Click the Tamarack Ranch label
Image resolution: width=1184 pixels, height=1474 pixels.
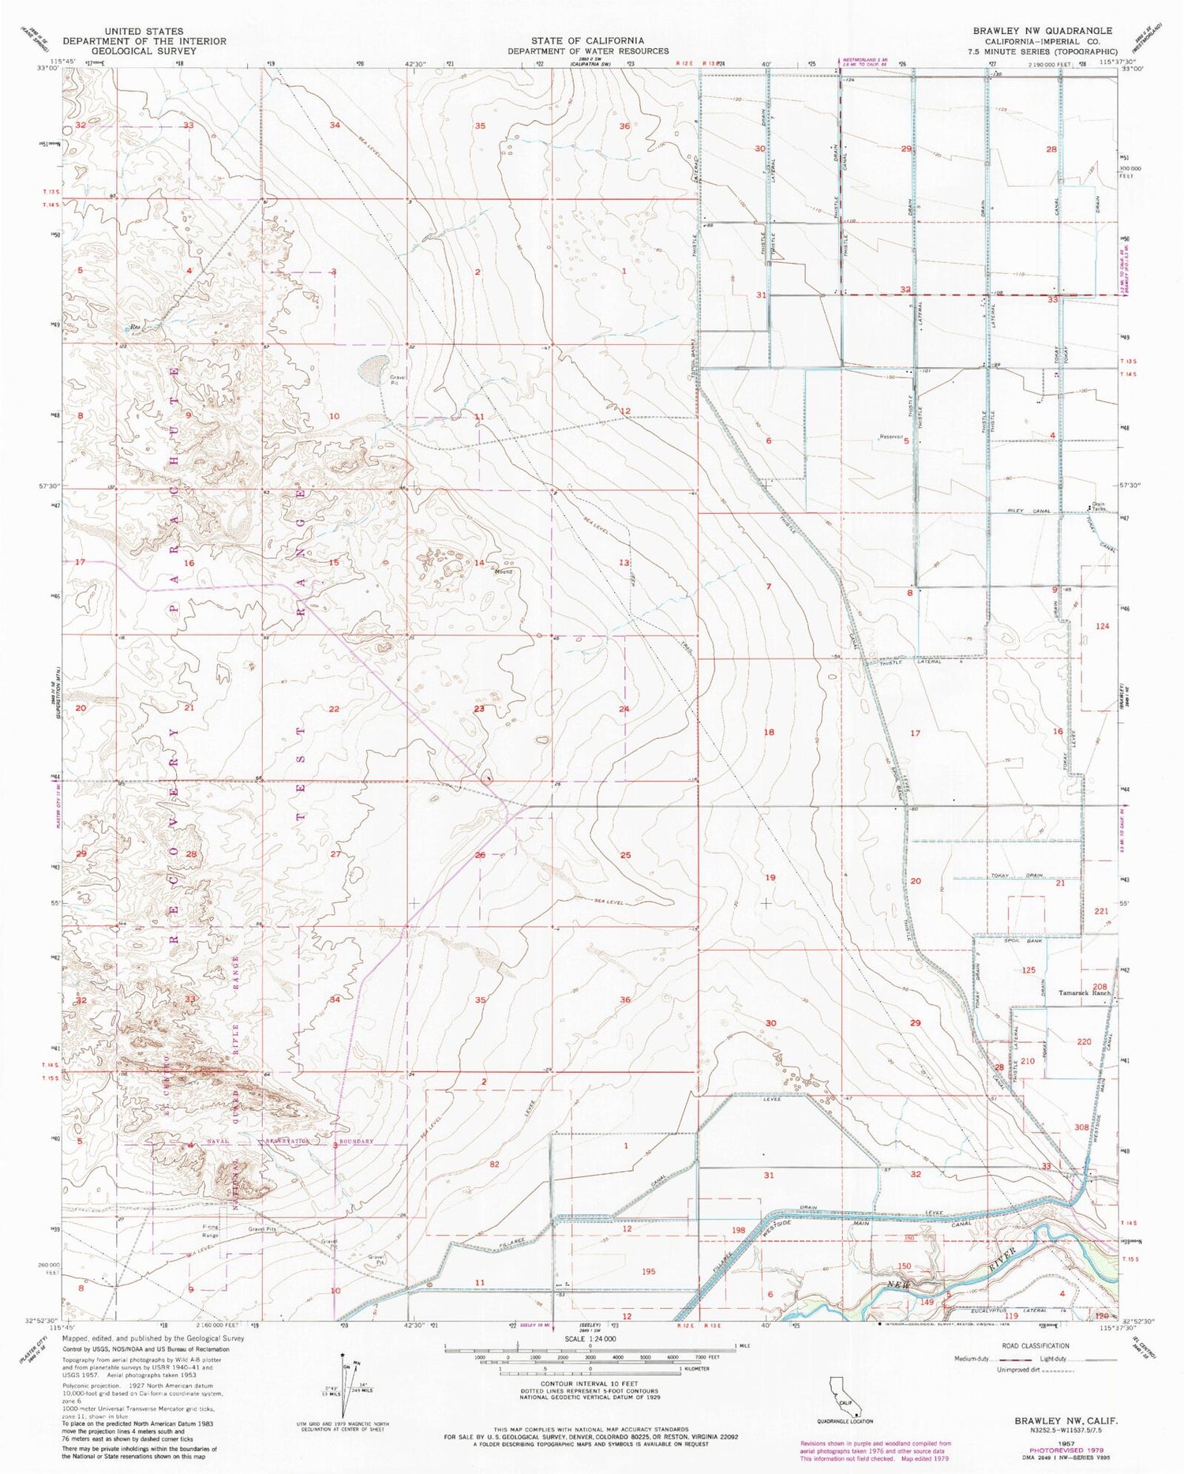1084,992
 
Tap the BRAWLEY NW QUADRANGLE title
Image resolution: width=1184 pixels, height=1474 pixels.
1043,30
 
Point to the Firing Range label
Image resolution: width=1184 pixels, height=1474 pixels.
209,1231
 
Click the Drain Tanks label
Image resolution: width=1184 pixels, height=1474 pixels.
1097,505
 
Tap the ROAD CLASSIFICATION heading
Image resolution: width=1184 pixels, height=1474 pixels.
1056,1346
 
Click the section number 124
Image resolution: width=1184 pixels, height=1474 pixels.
1103,626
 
